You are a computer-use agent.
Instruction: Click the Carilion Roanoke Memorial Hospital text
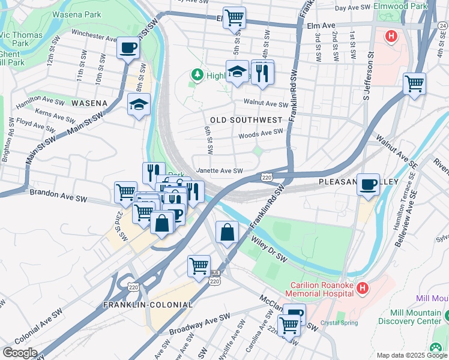click(321, 289)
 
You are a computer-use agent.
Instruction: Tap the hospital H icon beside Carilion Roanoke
click(362, 289)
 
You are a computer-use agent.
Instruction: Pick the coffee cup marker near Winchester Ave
click(128, 49)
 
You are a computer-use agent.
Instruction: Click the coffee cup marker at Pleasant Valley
click(368, 184)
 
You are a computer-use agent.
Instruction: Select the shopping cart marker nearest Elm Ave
click(234, 17)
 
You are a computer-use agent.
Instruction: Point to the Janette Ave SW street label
click(220, 171)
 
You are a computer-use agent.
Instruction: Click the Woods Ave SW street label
click(260, 135)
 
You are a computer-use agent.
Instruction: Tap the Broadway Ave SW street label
click(199, 325)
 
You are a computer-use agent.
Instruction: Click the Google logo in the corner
click(20, 352)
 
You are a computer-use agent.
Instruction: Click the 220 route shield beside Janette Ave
click(268, 176)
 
